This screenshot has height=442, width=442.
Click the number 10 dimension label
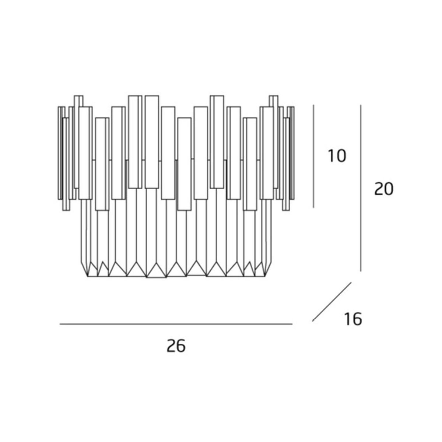(337, 156)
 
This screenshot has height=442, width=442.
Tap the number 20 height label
(384, 189)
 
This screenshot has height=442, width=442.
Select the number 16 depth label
(353, 319)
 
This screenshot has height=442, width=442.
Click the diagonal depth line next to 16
(331, 302)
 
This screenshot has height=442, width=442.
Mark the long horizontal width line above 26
(176, 324)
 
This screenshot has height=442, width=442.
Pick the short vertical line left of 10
(313, 156)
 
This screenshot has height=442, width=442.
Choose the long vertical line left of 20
(361, 188)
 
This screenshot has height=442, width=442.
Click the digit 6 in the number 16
(357, 319)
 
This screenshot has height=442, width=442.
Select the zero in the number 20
(389, 189)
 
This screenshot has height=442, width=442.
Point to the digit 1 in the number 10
(331, 156)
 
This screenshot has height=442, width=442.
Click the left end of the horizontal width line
(60, 324)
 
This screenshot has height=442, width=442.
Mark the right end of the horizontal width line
(292, 324)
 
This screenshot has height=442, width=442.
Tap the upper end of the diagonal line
(351, 282)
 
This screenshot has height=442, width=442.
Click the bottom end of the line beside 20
(361, 271)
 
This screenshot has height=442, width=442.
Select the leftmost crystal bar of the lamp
(60, 153)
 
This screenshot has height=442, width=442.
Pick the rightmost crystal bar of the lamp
(292, 153)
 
